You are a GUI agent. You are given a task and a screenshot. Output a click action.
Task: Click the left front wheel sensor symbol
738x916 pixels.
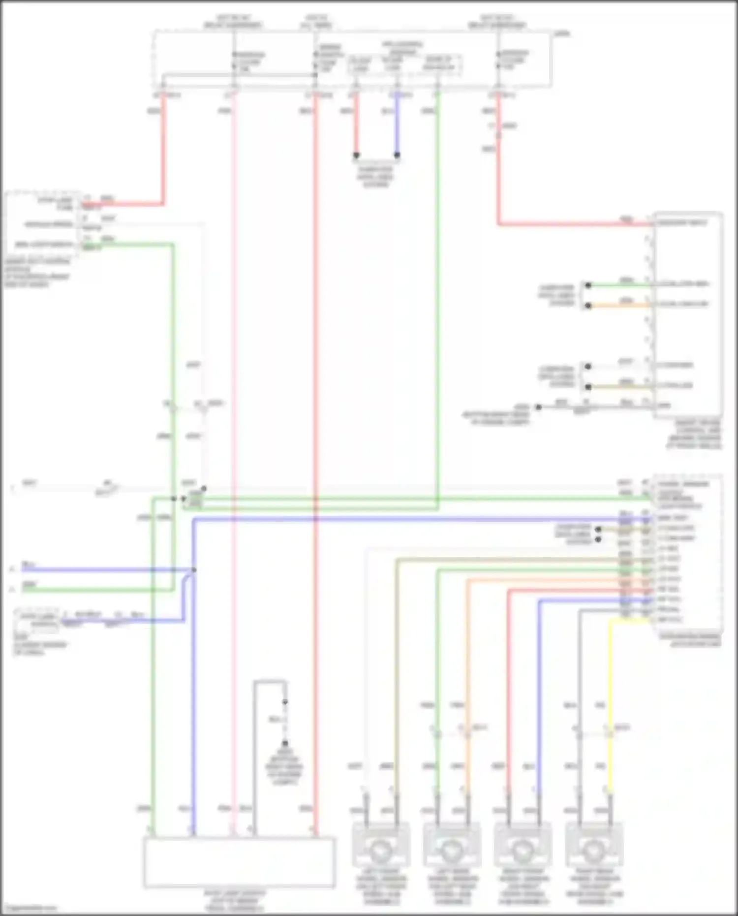coord(380,849)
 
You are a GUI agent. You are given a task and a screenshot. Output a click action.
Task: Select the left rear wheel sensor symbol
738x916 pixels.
coord(451,849)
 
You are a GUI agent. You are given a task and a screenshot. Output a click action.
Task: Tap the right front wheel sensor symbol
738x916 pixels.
coord(523,849)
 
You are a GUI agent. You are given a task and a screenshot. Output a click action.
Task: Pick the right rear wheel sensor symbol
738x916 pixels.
coord(594,849)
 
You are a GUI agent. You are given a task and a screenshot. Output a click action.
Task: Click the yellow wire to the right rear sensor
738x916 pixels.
coord(610,689)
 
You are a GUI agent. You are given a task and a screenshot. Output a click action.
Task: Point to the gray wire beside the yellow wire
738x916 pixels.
coord(580,689)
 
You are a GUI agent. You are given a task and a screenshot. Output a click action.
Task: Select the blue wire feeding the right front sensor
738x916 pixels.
coord(539,689)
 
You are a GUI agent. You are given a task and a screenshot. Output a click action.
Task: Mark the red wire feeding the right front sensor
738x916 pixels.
coord(509,689)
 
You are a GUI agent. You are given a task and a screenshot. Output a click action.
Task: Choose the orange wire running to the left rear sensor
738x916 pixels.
coord(467,664)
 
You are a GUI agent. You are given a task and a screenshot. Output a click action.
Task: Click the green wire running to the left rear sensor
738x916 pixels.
coord(437,664)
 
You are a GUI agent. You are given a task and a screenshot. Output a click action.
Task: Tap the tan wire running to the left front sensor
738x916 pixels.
coord(397,664)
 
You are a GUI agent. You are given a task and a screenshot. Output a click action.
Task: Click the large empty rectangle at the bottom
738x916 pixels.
coord(240,861)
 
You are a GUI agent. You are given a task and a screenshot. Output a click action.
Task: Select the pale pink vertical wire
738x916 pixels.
coord(234,394)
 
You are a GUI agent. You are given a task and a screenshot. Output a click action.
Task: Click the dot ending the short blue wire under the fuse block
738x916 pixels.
coord(397,155)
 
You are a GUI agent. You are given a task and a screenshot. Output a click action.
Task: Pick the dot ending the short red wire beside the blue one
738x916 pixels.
coord(356,155)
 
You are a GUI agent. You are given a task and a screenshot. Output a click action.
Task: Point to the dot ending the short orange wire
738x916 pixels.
coord(588,306)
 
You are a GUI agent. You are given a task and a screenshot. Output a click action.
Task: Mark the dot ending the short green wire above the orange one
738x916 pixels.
coord(588,285)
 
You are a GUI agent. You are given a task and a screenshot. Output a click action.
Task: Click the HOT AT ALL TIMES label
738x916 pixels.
coord(316,21)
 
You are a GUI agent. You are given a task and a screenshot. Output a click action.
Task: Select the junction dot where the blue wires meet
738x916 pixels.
coord(194,570)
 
